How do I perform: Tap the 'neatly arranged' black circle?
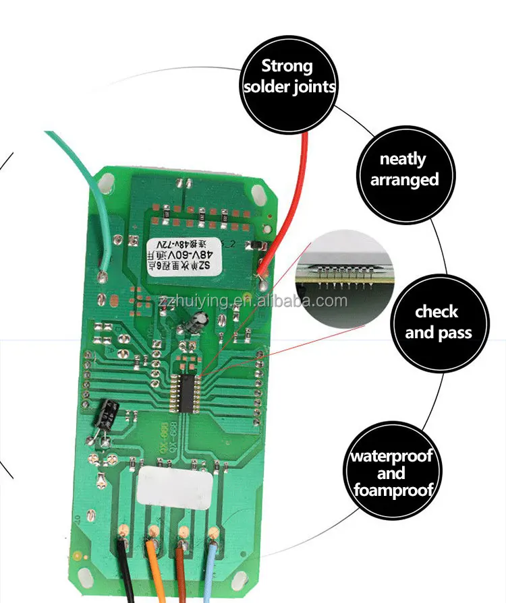[x=404, y=170]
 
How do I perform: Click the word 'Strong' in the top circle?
[x=287, y=66]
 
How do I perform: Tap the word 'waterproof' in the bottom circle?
[x=391, y=456]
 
